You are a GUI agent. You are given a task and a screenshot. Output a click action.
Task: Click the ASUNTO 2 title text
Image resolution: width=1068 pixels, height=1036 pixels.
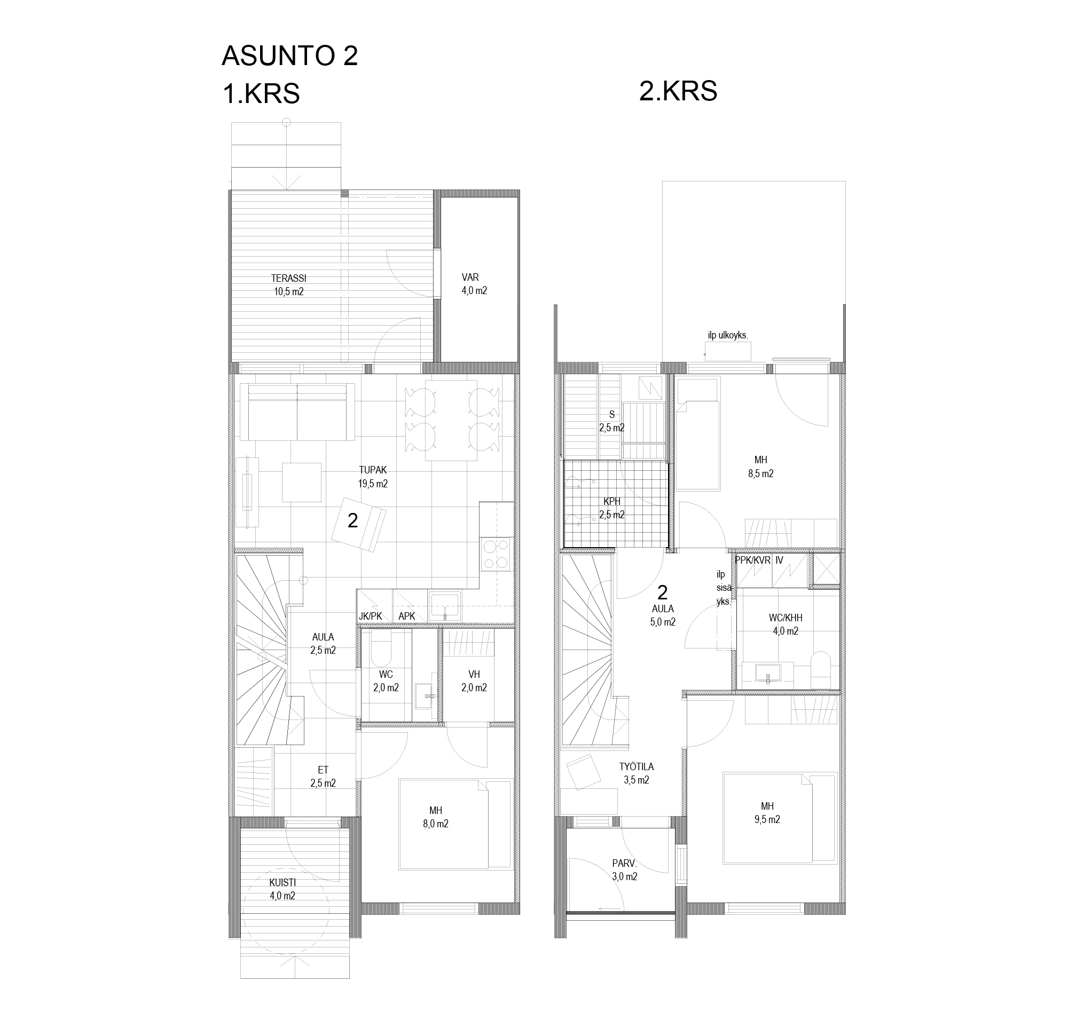point(289,56)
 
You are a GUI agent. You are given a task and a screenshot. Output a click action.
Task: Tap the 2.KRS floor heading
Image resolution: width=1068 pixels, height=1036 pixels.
point(678,91)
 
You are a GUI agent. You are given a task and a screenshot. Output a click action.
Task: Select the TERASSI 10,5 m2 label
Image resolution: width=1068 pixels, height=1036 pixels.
point(289,285)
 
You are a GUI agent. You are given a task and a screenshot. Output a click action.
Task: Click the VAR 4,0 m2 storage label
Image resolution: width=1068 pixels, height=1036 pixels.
point(474,284)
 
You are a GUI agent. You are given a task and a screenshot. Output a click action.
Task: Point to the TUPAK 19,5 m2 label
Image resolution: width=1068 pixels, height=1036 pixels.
point(373,477)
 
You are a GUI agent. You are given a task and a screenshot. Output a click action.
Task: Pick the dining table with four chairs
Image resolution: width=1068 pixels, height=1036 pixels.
point(451,420)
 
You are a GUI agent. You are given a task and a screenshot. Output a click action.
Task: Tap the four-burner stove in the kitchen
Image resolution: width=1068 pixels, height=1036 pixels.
point(497,554)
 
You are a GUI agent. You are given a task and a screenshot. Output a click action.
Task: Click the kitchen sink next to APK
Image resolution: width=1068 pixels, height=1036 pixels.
point(445,606)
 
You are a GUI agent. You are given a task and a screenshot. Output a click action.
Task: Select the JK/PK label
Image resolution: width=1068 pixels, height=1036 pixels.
point(370,616)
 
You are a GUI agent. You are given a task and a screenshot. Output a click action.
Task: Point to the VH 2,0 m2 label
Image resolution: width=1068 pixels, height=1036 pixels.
point(474,681)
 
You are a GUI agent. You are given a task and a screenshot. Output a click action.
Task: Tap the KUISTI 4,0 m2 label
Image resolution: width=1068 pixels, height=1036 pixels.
point(282,889)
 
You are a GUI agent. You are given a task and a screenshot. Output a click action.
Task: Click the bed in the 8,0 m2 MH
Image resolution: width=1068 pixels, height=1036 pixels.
point(454,825)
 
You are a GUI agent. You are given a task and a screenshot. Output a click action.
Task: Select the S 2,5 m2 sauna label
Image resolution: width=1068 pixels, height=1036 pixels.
point(611,421)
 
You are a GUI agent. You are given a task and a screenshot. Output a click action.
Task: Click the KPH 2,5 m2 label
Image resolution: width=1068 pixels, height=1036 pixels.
point(611,508)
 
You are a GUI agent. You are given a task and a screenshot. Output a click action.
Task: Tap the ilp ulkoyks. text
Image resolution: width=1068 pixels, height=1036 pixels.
point(728,335)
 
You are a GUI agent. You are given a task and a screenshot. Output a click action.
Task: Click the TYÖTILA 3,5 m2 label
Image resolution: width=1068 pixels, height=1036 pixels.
point(636,773)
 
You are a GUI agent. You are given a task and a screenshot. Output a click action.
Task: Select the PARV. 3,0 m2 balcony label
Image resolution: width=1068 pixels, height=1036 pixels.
point(624,870)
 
